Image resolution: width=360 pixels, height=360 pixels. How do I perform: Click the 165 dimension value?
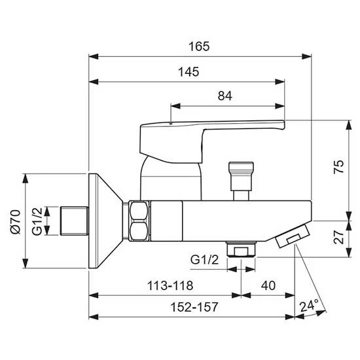coord(199,46)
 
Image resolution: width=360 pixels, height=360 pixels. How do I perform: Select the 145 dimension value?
coord(189,72)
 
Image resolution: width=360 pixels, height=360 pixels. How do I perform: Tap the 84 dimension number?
coord(225,96)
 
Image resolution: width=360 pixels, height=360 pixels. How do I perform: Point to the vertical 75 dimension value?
coord(339,166)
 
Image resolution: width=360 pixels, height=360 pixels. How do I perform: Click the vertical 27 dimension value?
coord(339,237)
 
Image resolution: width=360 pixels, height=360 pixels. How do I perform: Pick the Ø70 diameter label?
coord(16,221)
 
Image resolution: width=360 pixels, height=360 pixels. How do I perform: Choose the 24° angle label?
coord(309,306)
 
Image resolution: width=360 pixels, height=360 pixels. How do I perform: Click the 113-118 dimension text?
coord(170,285)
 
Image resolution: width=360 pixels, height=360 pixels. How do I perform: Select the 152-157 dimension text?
coord(194,307)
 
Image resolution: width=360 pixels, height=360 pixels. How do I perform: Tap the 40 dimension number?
coord(268,285)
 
